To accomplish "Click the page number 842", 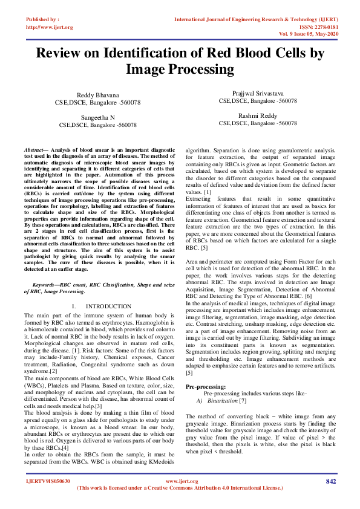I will [x=331, y=481].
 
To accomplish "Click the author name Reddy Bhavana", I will [x=97, y=96].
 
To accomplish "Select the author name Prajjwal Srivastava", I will [x=258, y=94].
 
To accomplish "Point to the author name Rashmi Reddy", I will [x=258, y=115].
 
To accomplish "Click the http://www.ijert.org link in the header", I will [x=50, y=27].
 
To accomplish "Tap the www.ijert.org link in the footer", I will [x=180, y=481].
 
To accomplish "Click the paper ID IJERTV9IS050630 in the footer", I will [x=48, y=481].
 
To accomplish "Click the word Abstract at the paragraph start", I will [x=33, y=148].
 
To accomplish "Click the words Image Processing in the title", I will [x=180, y=70].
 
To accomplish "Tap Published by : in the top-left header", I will [x=42, y=19].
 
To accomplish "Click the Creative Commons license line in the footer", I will [x=180, y=487].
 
